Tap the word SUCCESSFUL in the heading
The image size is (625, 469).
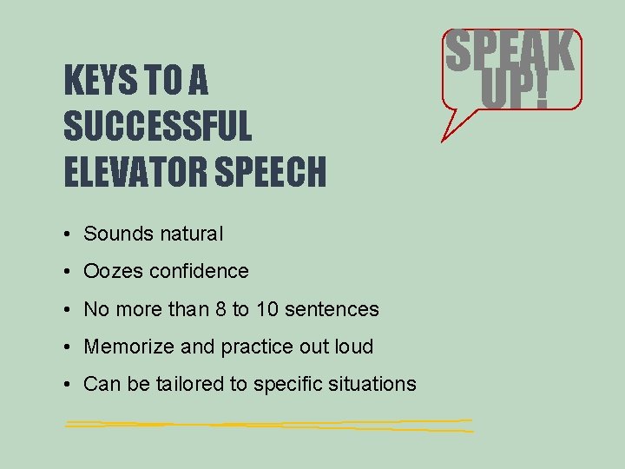[157, 128]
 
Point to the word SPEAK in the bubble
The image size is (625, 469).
[510, 54]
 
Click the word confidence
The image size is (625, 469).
[199, 271]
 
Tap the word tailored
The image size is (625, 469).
[190, 384]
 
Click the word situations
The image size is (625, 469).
[374, 384]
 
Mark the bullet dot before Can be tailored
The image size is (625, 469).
[68, 385]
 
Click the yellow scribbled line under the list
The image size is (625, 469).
[269, 425]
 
